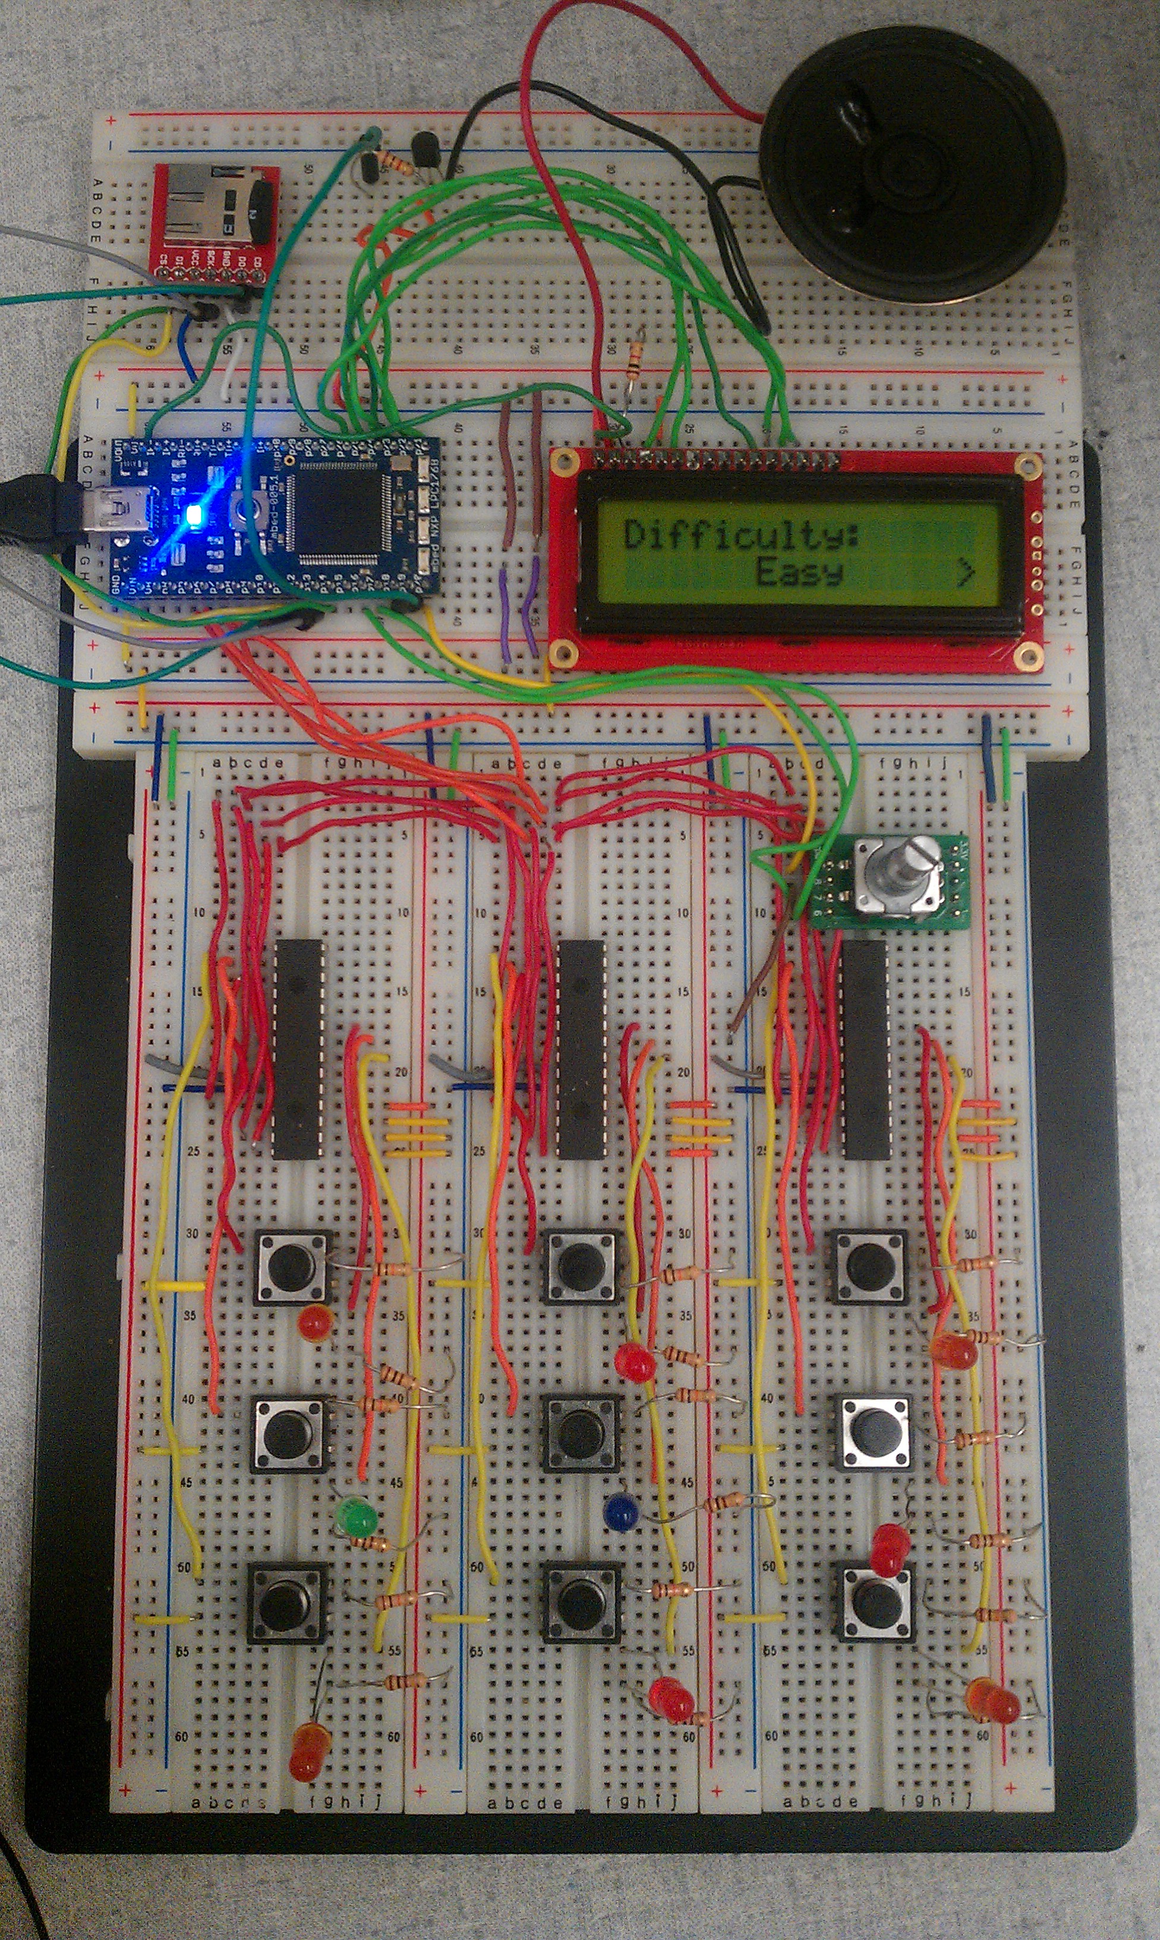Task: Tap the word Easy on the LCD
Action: [798, 573]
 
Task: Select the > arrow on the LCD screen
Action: [966, 574]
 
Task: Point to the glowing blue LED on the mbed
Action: [194, 514]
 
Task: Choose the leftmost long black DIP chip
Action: [297, 1049]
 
